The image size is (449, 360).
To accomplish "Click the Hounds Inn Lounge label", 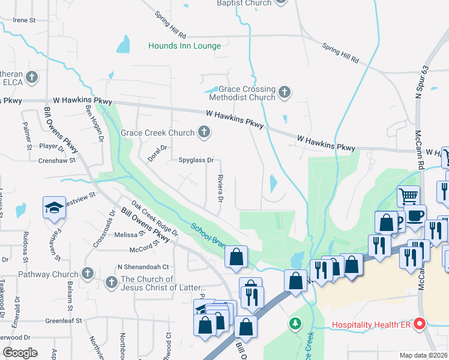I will pyautogui.click(x=184, y=46).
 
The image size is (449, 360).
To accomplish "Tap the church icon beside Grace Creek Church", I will pyautogui.click(x=205, y=133).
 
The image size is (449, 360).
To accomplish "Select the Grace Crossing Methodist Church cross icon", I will pyautogui.click(x=285, y=92).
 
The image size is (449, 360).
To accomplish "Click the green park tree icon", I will pyautogui.click(x=295, y=324).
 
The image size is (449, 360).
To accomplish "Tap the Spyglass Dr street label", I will pyautogui.click(x=196, y=160).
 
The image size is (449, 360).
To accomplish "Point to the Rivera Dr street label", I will pyautogui.click(x=220, y=188).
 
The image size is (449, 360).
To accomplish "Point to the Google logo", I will pyautogui.click(x=20, y=353).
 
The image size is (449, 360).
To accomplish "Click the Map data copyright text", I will pyautogui.click(x=424, y=355).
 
